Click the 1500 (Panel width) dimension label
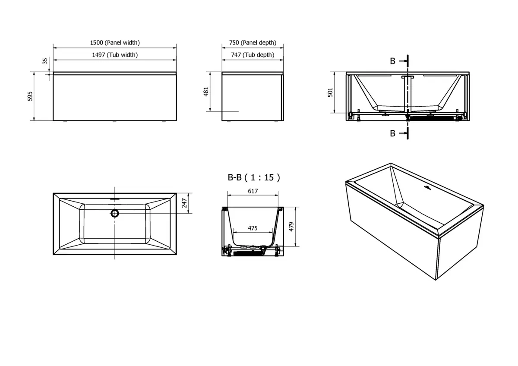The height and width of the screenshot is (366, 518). [115, 43]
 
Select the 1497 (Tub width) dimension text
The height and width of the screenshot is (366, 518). [115, 55]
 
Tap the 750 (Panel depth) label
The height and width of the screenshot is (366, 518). [253, 43]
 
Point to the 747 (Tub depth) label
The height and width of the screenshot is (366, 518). [253, 55]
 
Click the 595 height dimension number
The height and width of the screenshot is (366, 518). [30, 96]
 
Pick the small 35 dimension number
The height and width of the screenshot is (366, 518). [45, 61]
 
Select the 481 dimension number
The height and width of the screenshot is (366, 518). [206, 91]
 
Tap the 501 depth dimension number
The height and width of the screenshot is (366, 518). [331, 92]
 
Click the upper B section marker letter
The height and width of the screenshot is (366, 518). [392, 61]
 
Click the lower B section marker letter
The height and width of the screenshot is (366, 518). [392, 133]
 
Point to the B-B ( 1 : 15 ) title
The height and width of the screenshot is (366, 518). [254, 177]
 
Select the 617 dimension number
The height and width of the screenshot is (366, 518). [253, 191]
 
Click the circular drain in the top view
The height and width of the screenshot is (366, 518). [115, 213]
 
